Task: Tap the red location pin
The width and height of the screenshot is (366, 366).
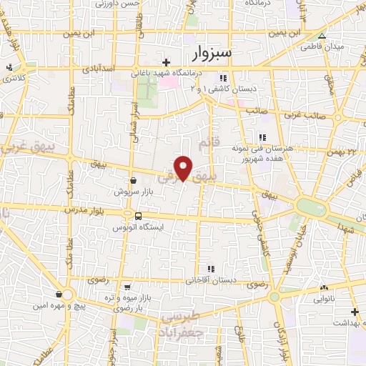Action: click(184, 168)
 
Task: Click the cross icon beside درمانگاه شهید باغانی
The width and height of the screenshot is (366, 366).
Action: click(167, 63)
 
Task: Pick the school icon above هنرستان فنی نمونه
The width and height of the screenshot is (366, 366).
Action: click(262, 137)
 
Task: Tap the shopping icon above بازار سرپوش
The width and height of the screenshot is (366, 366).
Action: click(134, 182)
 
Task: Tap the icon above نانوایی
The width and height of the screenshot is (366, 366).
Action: click(325, 287)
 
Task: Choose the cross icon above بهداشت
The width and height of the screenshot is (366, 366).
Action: click(355, 312)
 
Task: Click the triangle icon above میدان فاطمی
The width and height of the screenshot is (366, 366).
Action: click(322, 36)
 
